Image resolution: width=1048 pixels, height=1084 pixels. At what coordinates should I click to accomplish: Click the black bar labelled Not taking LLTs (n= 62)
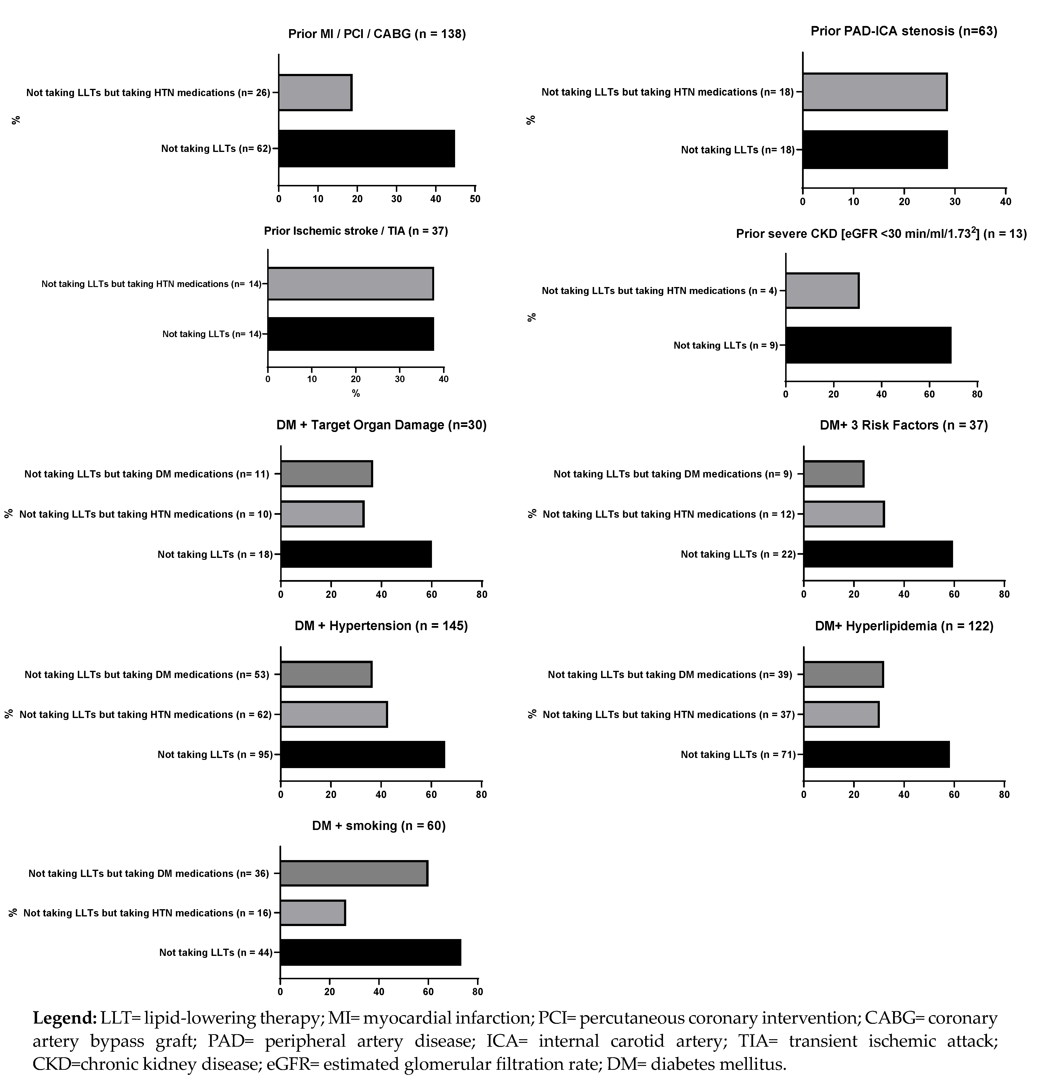point(366,148)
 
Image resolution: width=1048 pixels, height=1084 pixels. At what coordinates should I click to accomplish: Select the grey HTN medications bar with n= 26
point(315,92)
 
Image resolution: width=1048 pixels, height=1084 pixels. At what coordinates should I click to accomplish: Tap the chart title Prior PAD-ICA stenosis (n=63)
point(904,31)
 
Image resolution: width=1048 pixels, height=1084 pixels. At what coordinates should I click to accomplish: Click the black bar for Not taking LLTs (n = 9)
point(868,345)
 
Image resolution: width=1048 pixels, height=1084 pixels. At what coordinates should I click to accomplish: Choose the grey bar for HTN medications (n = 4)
point(822,290)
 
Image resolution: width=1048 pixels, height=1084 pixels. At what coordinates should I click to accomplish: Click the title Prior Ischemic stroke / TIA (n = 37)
point(356,231)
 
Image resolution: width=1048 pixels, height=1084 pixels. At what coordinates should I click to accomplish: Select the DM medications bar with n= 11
point(326,474)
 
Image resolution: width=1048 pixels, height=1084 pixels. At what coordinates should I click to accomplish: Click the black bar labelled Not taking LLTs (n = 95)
point(362,754)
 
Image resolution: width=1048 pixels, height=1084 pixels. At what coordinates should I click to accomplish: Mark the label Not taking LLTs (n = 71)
point(738,754)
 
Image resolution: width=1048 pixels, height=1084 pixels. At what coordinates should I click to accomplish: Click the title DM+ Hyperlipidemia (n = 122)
point(904,626)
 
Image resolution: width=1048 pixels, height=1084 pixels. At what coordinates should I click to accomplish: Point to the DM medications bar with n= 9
point(833,474)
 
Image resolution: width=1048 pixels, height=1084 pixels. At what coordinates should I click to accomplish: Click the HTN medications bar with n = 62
point(334,715)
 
